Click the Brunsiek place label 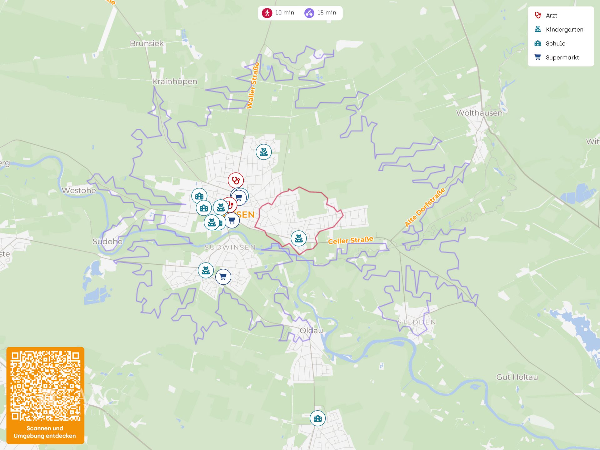(147, 43)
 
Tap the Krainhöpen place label (174, 82)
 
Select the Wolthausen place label (479, 113)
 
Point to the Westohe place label (79, 190)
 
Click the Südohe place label (107, 241)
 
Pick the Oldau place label (311, 330)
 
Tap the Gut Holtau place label (517, 377)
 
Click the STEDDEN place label (417, 322)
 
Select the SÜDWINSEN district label (230, 247)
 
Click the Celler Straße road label (350, 240)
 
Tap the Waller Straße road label (253, 85)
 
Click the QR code (45, 386)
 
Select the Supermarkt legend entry (562, 57)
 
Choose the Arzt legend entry (551, 16)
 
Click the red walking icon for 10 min (267, 13)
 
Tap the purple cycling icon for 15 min (309, 13)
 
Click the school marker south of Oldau (317, 418)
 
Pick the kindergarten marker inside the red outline (298, 238)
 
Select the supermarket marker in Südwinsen (223, 277)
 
